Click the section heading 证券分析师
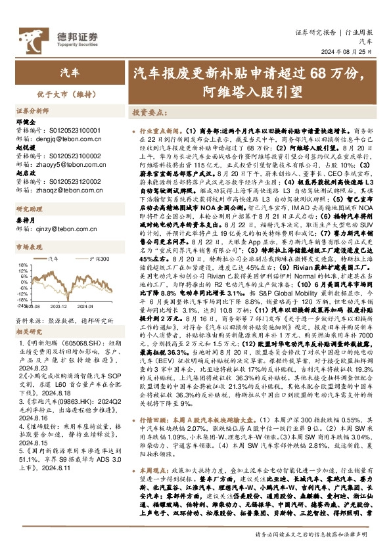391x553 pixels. (x=33, y=112)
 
